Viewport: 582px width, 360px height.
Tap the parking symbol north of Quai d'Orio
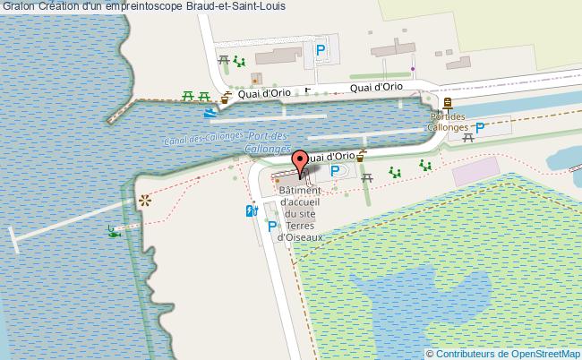coord(320,50)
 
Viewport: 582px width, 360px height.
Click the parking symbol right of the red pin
coord(336,170)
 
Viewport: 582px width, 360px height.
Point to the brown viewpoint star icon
coord(142,201)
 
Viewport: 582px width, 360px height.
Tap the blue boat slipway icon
coord(210,114)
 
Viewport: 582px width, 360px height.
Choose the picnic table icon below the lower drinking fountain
coord(368,178)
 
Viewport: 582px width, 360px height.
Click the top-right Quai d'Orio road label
coord(375,87)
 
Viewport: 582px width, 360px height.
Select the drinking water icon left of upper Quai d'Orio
coord(227,97)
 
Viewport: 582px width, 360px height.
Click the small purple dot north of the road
coord(412,68)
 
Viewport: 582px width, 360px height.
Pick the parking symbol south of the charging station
coord(272,227)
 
